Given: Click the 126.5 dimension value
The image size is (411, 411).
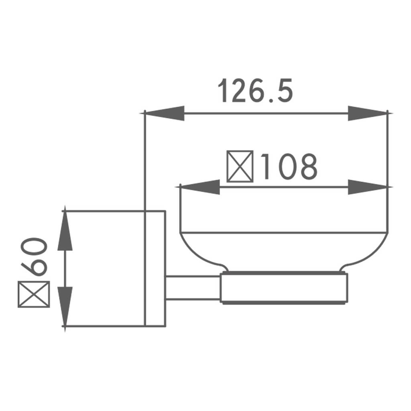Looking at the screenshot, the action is coord(255,90).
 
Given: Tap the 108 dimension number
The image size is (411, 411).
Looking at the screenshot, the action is coord(289,167).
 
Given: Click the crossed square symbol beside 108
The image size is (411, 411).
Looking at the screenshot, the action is coord(240,167).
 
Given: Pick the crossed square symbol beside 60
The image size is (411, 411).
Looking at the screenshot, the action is coord(34,294).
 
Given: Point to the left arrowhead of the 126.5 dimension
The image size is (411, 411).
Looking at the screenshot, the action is coord(163,113).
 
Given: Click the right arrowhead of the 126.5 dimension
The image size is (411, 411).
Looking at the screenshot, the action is coord(370,113).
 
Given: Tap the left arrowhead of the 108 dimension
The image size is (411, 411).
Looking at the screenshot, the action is coord(197,187).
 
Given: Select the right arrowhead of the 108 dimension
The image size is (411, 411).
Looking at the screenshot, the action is coord(370,187).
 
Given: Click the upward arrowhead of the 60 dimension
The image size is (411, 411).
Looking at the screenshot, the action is coord(65,228).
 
